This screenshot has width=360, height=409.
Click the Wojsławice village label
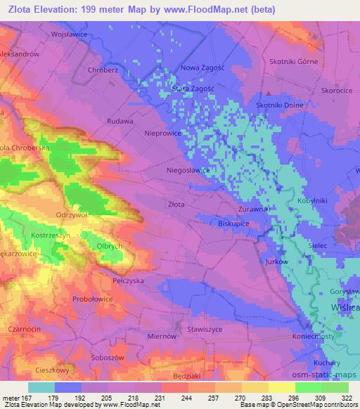point(69,33)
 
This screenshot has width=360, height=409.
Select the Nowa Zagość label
point(202,67)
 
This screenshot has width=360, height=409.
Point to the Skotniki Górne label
point(293,61)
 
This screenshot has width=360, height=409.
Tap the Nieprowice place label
point(162,132)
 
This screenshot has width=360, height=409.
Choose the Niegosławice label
point(187,169)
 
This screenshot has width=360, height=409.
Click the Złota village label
point(176,204)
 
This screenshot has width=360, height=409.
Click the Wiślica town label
point(345,308)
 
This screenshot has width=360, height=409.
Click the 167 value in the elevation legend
point(26,396)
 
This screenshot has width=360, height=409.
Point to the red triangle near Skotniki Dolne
point(269,94)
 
